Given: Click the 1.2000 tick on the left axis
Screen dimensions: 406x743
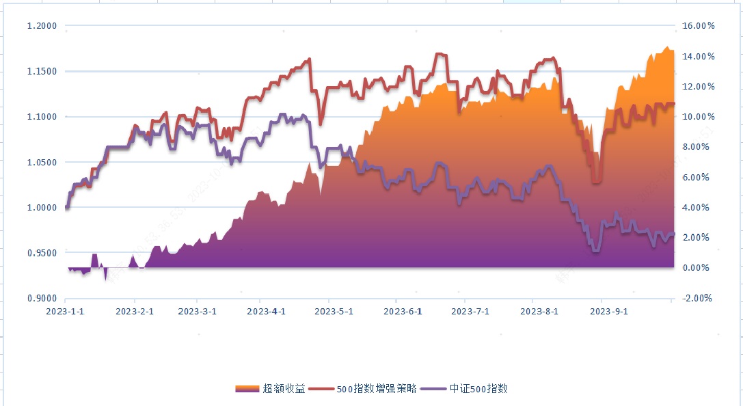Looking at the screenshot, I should point(42,26).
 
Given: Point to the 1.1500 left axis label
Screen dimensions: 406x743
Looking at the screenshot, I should point(42,71).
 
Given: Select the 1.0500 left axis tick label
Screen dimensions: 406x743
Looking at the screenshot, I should point(42,162).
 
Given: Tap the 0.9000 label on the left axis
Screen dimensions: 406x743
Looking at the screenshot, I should point(42,298).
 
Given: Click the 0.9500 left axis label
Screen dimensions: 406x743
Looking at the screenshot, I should point(42,253).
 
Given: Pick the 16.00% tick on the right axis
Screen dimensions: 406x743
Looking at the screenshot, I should point(699,26).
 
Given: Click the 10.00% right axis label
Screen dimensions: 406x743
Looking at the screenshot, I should point(699,117).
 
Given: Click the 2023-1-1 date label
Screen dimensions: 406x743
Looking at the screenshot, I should point(66,311).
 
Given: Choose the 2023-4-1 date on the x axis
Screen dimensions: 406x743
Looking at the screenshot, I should point(266,311).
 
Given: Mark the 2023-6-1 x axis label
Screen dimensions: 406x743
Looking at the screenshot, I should point(403,311).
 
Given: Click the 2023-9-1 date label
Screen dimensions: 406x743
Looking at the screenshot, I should point(608,311).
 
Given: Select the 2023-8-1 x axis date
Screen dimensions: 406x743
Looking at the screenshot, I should point(539,311).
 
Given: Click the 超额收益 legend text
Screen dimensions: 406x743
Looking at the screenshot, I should point(284,389).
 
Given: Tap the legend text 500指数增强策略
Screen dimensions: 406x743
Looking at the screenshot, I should point(376,389).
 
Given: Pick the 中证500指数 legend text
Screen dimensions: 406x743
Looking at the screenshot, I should point(478,389).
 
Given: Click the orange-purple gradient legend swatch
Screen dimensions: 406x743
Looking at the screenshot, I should point(247,389).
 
